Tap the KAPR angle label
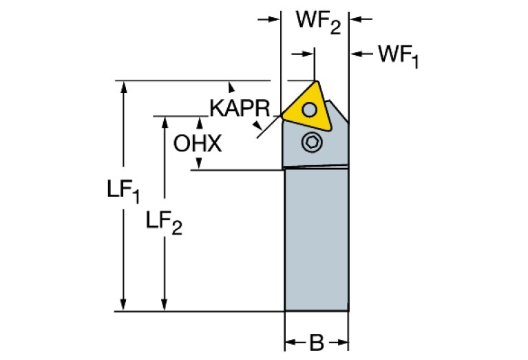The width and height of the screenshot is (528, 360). (240, 108)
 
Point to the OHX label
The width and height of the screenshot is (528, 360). (198, 144)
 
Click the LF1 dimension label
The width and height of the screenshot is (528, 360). (125, 193)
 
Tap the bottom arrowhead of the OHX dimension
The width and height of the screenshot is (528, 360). (200, 164)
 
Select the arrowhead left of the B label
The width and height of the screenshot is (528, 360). (291, 342)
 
